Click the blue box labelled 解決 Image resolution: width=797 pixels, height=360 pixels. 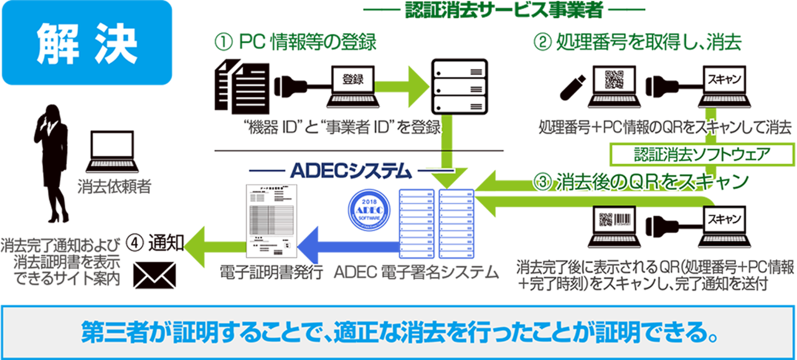(87, 42)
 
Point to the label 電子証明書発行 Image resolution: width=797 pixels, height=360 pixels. (271, 272)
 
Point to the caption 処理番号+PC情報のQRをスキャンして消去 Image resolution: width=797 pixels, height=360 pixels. (664, 129)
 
